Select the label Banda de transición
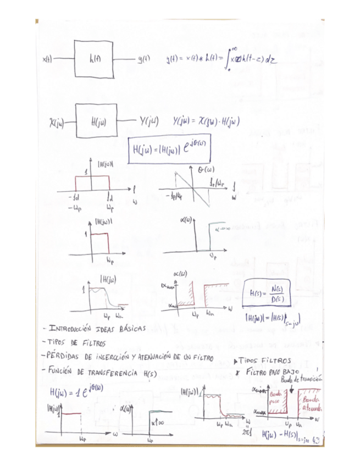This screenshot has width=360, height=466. pos(300,379)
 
